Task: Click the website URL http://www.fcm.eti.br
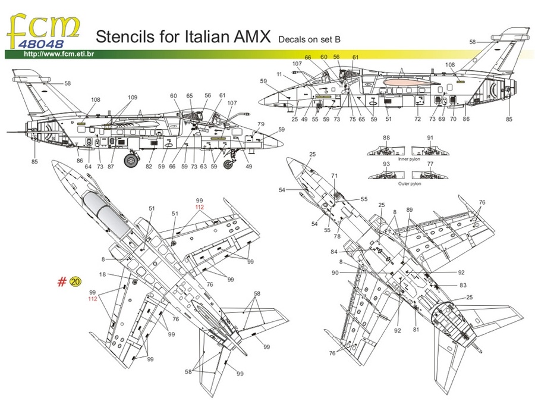59,55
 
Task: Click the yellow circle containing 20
75,282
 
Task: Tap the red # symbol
62,282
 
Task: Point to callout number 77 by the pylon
430,164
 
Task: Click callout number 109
132,98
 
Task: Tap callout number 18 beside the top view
103,275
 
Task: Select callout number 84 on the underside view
333,252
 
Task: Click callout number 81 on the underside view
416,330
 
